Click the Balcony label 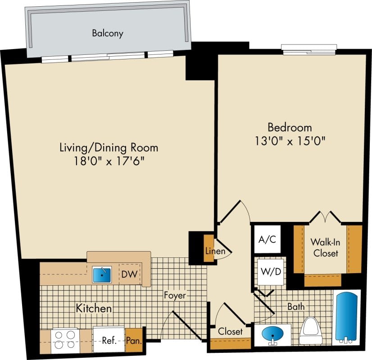[x=108, y=33]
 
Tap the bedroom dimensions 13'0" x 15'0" [x=290, y=140]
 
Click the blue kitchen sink [x=102, y=274]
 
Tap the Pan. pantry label [x=134, y=341]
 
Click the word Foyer [x=175, y=296]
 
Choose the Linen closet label [x=215, y=251]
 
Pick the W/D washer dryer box [x=271, y=272]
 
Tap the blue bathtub [x=346, y=318]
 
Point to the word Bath [x=296, y=306]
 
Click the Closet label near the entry [x=230, y=332]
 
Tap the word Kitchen [x=93, y=309]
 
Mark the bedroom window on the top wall [x=309, y=49]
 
